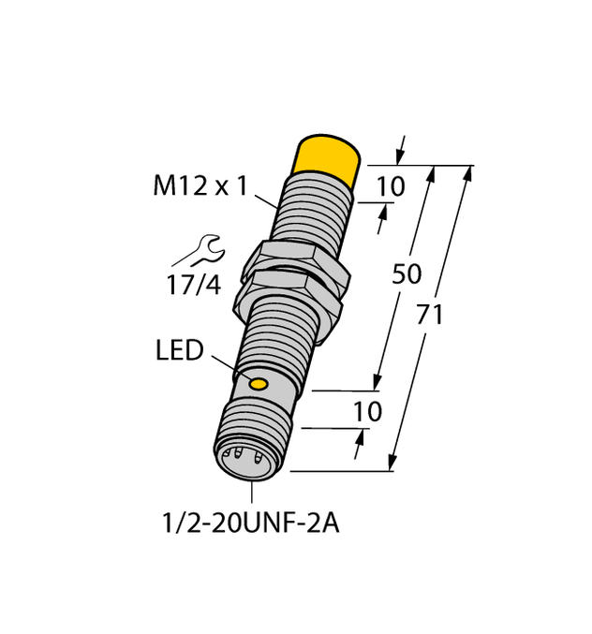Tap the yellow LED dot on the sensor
(x=259, y=383)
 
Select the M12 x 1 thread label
(x=200, y=186)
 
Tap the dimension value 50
(x=406, y=274)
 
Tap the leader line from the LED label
(x=229, y=367)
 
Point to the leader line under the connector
(x=250, y=494)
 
